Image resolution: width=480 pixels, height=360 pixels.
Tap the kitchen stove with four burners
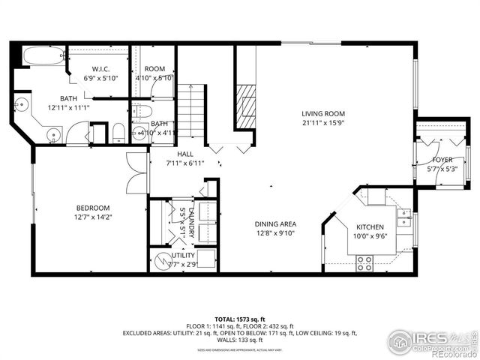coord(364,263)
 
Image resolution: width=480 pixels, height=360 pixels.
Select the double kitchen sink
coord(405,217)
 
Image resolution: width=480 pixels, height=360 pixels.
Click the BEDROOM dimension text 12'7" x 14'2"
coord(93,218)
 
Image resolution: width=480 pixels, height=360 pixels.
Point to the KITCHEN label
coord(370,227)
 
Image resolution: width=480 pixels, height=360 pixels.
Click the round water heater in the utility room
coord(162,261)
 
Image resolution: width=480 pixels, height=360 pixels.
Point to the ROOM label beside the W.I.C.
coord(154,69)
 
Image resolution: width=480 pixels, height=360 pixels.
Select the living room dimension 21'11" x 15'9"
coord(323,123)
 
